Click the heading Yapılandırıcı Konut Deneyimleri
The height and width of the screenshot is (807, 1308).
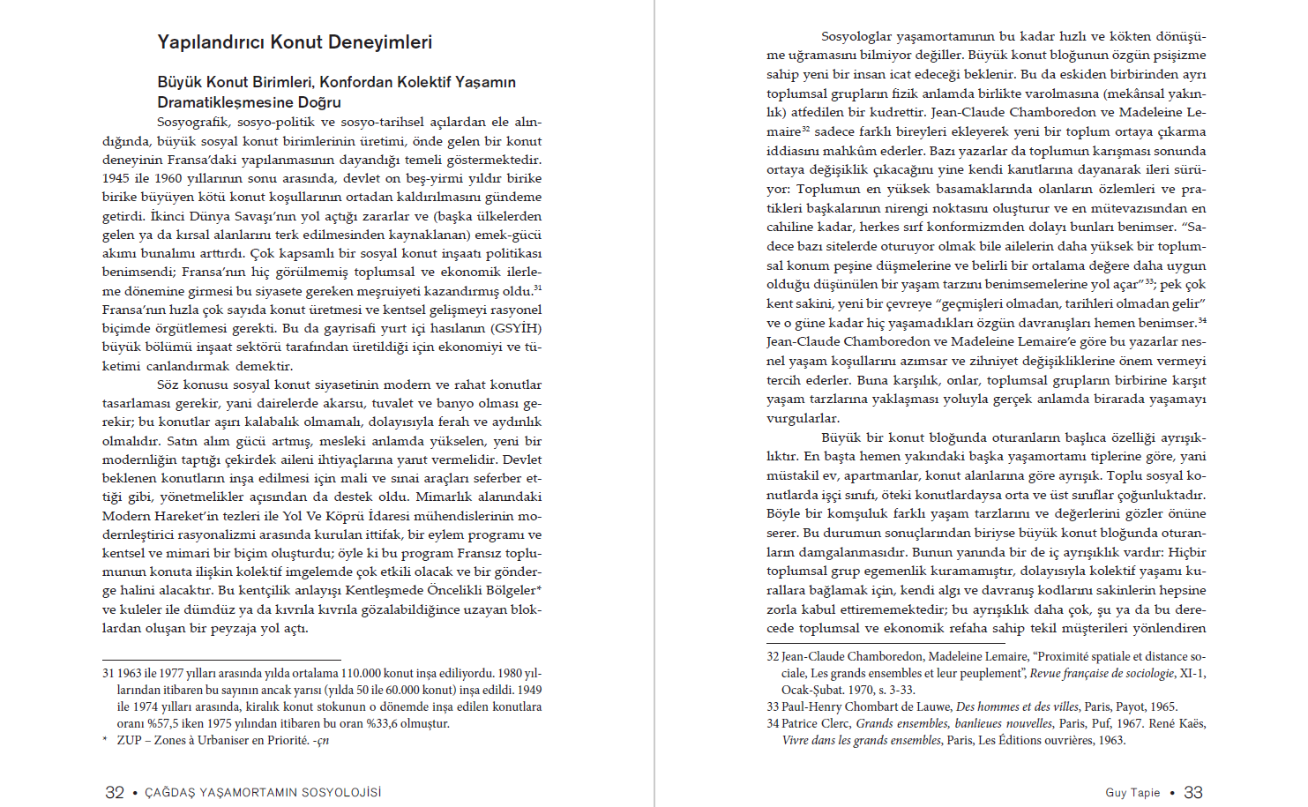coord(295,42)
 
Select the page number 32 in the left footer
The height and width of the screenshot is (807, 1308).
coord(115,792)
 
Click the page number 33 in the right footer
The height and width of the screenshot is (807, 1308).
coord(1192,792)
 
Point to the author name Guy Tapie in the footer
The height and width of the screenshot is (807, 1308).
coord(1132,793)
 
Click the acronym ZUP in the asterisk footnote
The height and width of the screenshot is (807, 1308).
coord(129,740)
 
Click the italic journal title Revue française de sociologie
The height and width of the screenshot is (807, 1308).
coord(1102,673)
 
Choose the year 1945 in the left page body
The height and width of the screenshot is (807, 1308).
coord(116,178)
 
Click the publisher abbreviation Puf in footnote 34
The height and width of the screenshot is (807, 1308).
coord(1101,723)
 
